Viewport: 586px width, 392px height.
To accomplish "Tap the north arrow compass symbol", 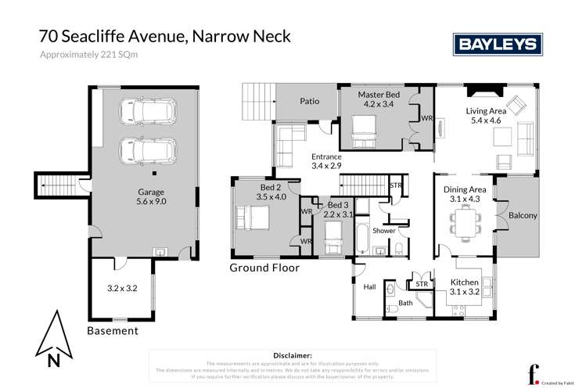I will (x=52, y=339).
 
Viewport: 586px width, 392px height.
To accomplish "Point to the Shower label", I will (x=384, y=231).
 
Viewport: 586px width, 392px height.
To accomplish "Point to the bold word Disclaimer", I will (x=293, y=355).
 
